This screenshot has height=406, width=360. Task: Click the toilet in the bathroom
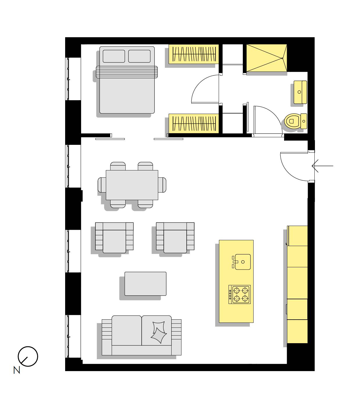pyautogui.click(x=295, y=121)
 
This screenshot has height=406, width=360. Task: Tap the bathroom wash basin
pyautogui.click(x=300, y=92)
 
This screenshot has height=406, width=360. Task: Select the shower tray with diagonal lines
pyautogui.click(x=266, y=58)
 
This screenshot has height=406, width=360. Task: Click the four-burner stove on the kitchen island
pyautogui.click(x=239, y=294)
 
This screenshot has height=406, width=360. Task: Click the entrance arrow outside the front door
pyautogui.click(x=322, y=166)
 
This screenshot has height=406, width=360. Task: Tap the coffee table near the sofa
pyautogui.click(x=145, y=284)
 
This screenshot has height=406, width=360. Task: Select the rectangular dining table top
pyautogui.click(x=132, y=185)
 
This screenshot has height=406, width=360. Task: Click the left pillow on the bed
pyautogui.click(x=114, y=56)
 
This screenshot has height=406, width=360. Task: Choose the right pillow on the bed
pyautogui.click(x=139, y=56)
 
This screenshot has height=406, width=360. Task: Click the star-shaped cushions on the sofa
pyautogui.click(x=158, y=332)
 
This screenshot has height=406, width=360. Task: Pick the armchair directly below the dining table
pyautogui.click(x=114, y=238)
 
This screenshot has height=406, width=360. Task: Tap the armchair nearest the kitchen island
pyautogui.click(x=175, y=238)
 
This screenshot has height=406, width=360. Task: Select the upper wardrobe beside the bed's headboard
pyautogui.click(x=194, y=54)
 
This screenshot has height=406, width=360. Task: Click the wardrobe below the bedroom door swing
pyautogui.click(x=194, y=123)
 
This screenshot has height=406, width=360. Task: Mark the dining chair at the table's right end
pyautogui.click(x=162, y=185)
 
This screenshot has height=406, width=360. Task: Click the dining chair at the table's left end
pyautogui.click(x=102, y=185)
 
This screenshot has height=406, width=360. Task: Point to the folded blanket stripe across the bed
pyautogui.click(x=127, y=72)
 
